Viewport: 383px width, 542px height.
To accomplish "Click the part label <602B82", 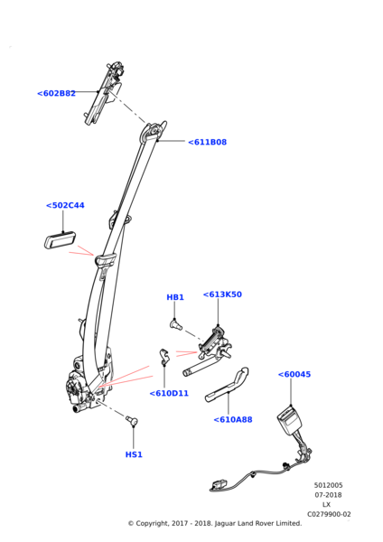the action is coord(56,93).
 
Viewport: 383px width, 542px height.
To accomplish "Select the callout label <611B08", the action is coord(208,142).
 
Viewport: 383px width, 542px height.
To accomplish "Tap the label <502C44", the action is coord(65,205).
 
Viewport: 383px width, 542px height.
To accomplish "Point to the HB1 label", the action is coord(175,297).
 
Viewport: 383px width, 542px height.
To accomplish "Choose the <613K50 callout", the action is coord(222,294).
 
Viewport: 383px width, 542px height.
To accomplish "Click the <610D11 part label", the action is coord(169,393).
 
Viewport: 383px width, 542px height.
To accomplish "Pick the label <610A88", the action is coord(233,420).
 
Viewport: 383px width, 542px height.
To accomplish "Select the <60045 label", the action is coord(294,374).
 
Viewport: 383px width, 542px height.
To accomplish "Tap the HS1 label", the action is coord(134,454).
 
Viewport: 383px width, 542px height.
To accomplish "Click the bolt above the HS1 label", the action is coord(132,420).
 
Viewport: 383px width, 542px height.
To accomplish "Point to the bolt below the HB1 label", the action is coord(176,324).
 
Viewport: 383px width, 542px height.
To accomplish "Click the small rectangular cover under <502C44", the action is coord(61,240).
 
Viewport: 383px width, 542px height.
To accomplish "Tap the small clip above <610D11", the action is coord(164,357).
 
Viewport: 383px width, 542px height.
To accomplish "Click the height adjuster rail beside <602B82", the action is coord(104,93).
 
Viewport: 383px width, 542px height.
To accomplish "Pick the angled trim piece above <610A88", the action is coord(228,385).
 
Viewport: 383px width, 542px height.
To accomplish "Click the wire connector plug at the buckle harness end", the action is coord(218,485).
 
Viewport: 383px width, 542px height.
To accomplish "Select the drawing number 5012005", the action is coord(328,485).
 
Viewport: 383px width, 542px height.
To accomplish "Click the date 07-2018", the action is coord(328,495).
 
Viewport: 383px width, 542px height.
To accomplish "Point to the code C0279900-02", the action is coord(329,514).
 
